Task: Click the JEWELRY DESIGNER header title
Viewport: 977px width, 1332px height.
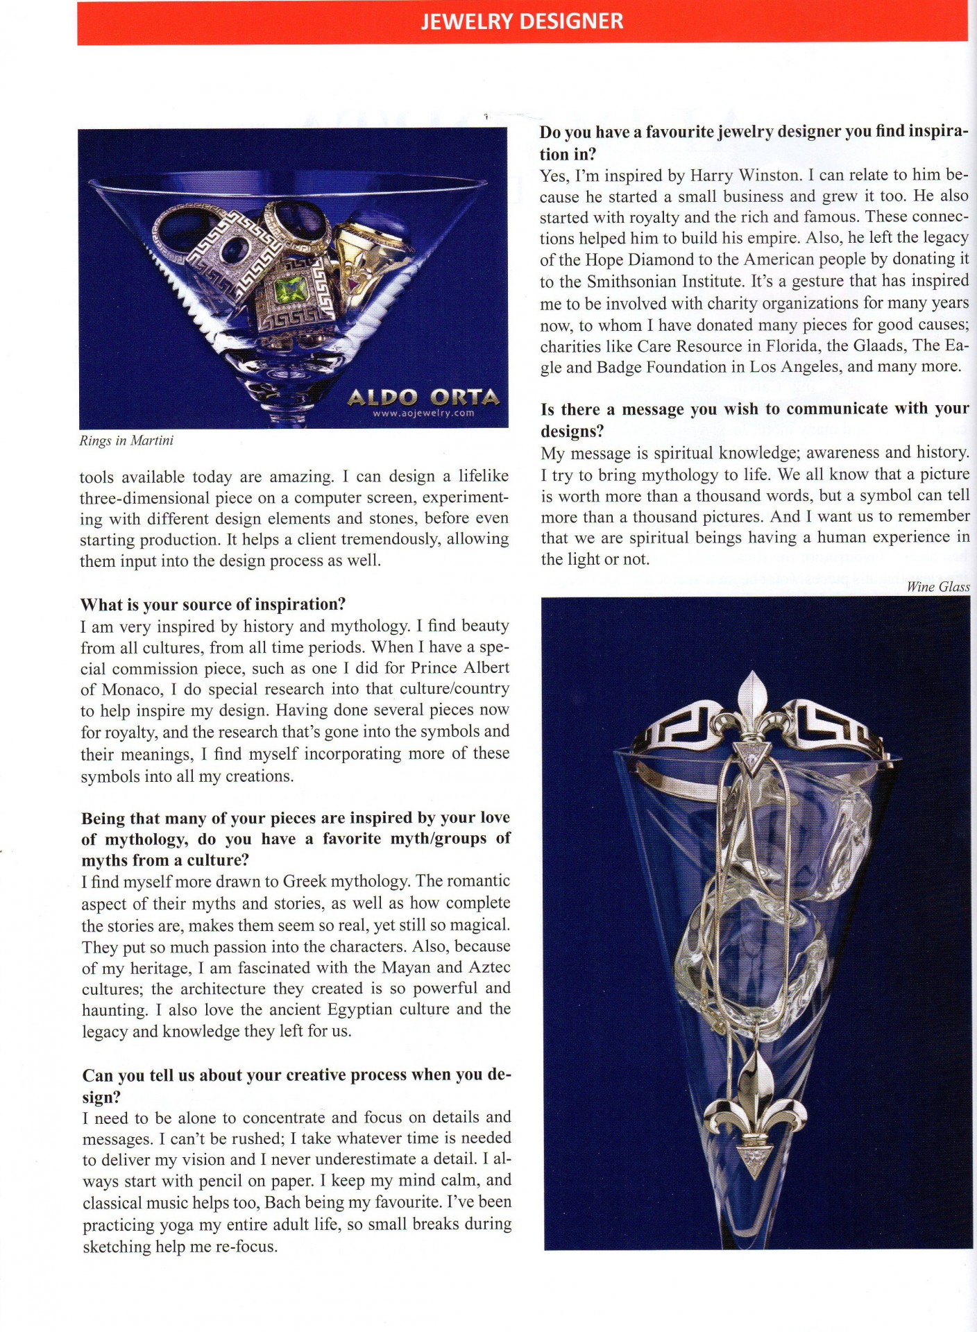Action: coord(522,21)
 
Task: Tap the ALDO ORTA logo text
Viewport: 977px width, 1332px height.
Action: coord(423,398)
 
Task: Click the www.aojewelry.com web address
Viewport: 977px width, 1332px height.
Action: coord(423,413)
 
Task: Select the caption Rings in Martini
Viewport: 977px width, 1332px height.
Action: coord(126,441)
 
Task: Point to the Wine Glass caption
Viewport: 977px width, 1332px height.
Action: coord(937,587)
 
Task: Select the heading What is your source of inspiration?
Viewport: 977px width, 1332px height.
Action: coord(213,604)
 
